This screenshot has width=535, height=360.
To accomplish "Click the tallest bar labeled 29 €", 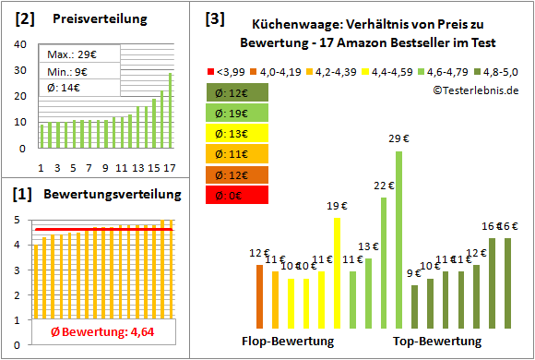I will pos(399,240).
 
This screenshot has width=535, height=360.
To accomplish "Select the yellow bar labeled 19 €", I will pos(337,272).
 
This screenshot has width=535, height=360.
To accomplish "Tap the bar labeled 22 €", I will pos(384,263).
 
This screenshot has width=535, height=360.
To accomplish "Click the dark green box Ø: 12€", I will pos(237,92).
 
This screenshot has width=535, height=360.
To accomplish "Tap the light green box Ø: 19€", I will pos(237,114).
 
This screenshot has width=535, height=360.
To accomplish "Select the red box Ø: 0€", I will pos(237,195).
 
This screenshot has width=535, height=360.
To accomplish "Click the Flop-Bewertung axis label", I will pos(288,342).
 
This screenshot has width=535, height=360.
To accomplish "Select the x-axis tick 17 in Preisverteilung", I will pos(169,167).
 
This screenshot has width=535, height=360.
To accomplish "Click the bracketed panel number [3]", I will pos(214,18).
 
